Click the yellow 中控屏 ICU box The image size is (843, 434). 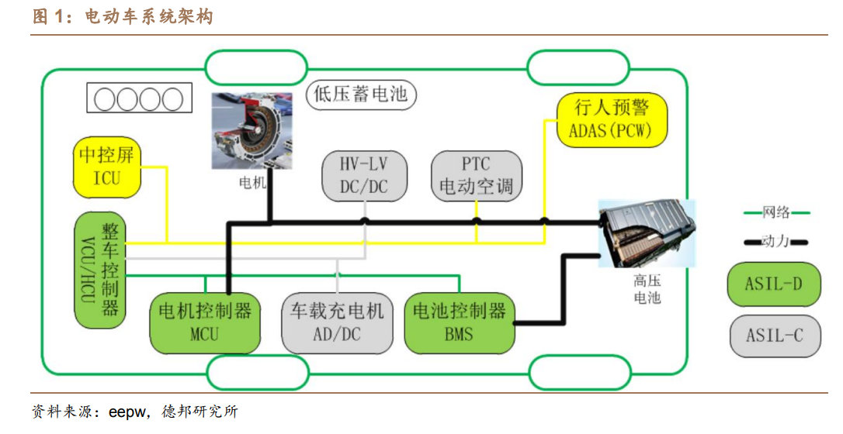pyautogui.click(x=107, y=167)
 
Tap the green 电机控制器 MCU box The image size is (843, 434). pyautogui.click(x=205, y=322)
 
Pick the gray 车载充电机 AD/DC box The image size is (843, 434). pyautogui.click(x=337, y=322)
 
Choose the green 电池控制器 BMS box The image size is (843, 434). pyautogui.click(x=459, y=322)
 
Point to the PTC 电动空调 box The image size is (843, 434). pyautogui.click(x=476, y=176)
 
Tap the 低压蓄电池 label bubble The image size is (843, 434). pyautogui.click(x=362, y=95)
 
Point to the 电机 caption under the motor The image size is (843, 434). pyautogui.click(x=252, y=184)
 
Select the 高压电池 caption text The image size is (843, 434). pyautogui.click(x=647, y=290)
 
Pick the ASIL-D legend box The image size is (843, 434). pyautogui.click(x=773, y=284)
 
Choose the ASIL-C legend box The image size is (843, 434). pyautogui.click(x=773, y=336)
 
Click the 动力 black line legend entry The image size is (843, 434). pyautogui.click(x=775, y=242)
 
